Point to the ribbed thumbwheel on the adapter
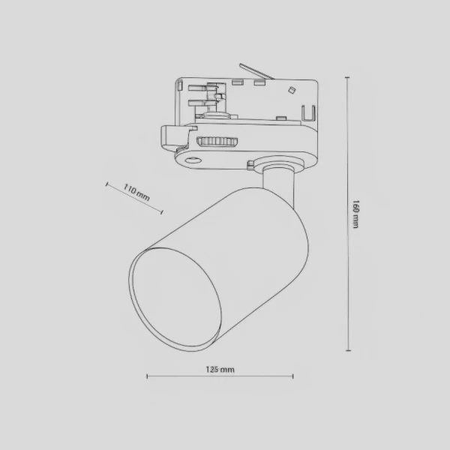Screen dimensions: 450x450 tap(217, 141)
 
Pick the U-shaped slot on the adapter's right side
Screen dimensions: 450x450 tap(307, 113)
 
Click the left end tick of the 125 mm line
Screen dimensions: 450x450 tap(146, 376)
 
